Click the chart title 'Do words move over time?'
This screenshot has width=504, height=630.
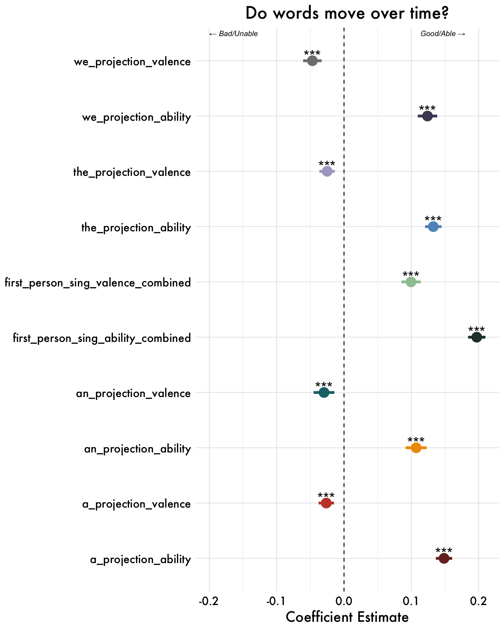point(347,14)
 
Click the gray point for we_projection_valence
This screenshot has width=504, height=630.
point(312,61)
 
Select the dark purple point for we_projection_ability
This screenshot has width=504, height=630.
point(427,116)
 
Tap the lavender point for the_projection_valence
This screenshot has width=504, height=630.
point(327,171)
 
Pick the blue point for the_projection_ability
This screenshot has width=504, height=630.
point(433,226)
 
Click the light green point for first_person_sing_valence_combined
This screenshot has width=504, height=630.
point(411,282)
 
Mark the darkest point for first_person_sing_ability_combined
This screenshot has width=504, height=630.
point(476,337)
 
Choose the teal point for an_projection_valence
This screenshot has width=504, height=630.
point(324,392)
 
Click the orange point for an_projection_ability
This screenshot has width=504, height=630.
point(416,448)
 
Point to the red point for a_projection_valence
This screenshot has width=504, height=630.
point(326,503)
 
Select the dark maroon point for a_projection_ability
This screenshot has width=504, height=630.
point(444,558)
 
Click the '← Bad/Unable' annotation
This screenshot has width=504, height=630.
point(233,34)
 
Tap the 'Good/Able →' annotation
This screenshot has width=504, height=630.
point(443,34)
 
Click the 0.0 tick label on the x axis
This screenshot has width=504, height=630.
point(344,602)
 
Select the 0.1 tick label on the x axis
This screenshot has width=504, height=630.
point(411,602)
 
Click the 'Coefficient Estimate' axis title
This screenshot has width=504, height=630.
point(347,618)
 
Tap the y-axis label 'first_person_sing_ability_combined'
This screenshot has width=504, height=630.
point(102,338)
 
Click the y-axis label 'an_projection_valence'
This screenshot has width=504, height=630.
point(133,393)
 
